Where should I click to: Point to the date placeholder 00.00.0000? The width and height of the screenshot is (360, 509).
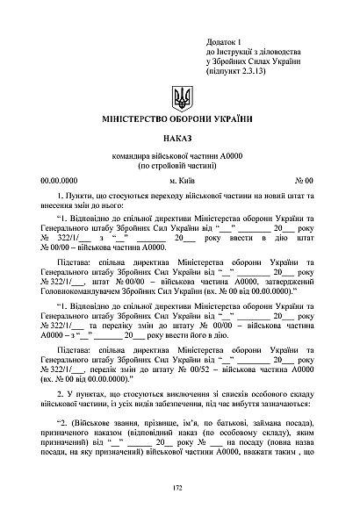pyautogui.click(x=59, y=179)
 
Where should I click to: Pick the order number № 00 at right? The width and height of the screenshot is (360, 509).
pyautogui.click(x=304, y=179)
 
